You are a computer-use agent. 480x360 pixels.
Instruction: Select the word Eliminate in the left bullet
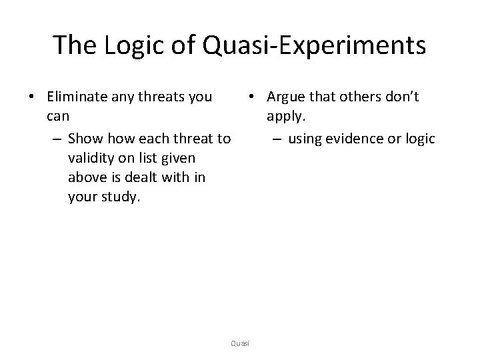coord(74,97)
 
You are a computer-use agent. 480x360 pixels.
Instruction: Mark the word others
coord(358,97)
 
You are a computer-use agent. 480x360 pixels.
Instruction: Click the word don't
coord(401,97)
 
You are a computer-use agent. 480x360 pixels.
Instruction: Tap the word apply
coord(284,118)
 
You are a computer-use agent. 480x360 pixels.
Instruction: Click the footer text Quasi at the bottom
coord(239,343)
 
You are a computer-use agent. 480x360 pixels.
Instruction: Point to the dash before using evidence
coord(275,139)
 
